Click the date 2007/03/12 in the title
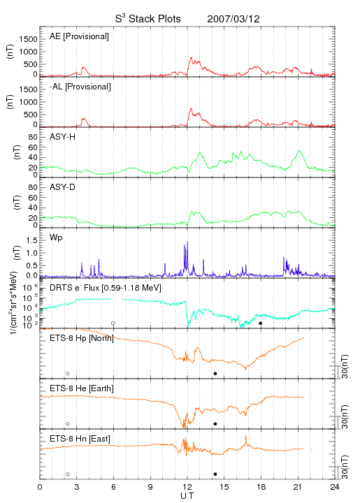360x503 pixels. (233, 19)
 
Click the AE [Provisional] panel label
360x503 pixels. (79, 36)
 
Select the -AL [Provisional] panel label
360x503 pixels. (80, 87)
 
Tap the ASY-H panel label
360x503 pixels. (63, 137)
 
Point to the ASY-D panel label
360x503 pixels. (63, 187)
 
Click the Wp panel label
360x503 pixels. (56, 238)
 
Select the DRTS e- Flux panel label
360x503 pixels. (106, 288)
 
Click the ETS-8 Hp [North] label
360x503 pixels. (82, 338)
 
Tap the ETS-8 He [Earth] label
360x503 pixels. (82, 388)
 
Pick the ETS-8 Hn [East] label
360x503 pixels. (80, 439)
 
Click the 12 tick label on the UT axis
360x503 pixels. (187, 487)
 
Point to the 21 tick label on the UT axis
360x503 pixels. (298, 487)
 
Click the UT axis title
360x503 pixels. (187, 496)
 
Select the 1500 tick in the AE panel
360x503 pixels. (29, 39)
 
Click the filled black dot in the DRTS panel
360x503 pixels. (261, 323)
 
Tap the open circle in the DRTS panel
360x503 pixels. (113, 323)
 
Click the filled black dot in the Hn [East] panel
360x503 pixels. (215, 474)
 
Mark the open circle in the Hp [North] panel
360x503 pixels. (68, 374)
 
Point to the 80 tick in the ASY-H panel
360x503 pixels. (33, 138)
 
